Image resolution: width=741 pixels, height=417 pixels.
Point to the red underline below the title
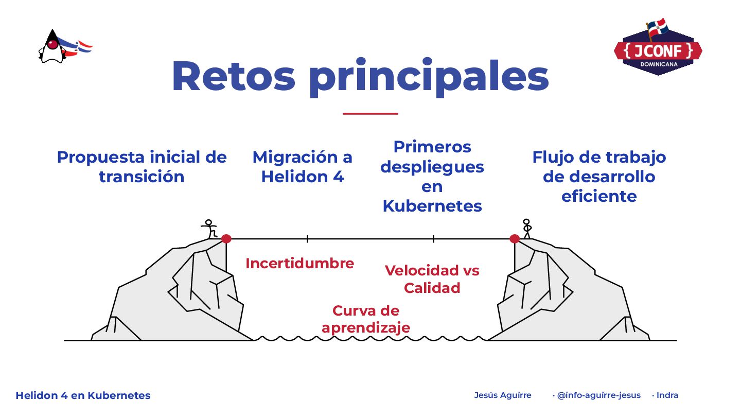(x=370, y=113)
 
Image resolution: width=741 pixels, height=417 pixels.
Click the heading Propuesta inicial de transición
(x=142, y=166)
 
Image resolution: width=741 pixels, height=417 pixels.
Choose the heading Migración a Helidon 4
(x=302, y=166)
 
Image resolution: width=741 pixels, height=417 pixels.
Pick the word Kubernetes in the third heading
(x=432, y=206)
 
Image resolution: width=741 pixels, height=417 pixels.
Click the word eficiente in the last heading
(x=599, y=196)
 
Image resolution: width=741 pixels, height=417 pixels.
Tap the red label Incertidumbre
(x=299, y=263)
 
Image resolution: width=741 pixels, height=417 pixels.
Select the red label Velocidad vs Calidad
(x=432, y=279)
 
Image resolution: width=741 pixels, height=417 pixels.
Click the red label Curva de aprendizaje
(x=366, y=319)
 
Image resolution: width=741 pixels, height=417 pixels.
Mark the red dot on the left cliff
(x=226, y=238)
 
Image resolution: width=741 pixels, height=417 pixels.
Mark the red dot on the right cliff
(x=515, y=238)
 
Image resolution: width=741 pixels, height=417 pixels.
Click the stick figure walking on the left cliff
(x=209, y=228)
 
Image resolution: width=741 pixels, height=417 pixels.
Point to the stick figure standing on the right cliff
(x=526, y=229)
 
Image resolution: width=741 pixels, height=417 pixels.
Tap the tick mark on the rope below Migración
(x=307, y=238)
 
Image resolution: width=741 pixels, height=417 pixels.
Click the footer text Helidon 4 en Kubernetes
(x=83, y=395)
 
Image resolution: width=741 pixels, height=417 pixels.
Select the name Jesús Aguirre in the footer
(x=502, y=395)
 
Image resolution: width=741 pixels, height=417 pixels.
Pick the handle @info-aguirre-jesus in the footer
(x=598, y=395)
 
